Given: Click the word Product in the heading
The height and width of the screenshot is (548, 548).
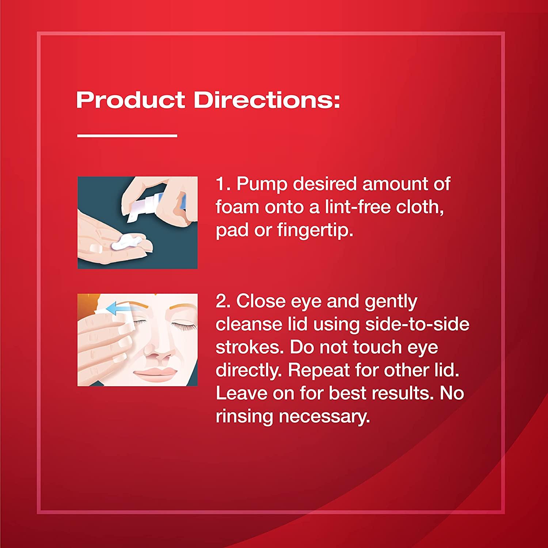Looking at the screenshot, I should pyautogui.click(x=130, y=100).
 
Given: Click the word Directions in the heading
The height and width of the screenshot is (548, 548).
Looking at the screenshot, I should pyautogui.click(x=267, y=100).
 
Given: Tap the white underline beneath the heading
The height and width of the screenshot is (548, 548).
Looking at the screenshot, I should pyautogui.click(x=127, y=136).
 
